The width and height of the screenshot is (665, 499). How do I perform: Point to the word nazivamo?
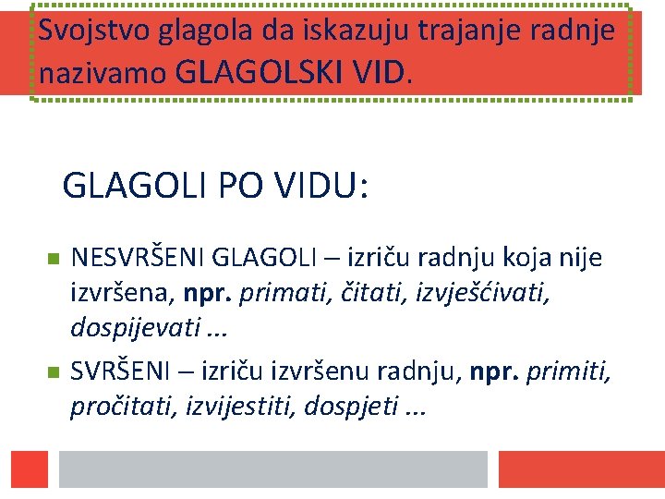(x=103, y=74)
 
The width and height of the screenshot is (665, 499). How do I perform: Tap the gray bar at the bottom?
(x=272, y=468)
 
